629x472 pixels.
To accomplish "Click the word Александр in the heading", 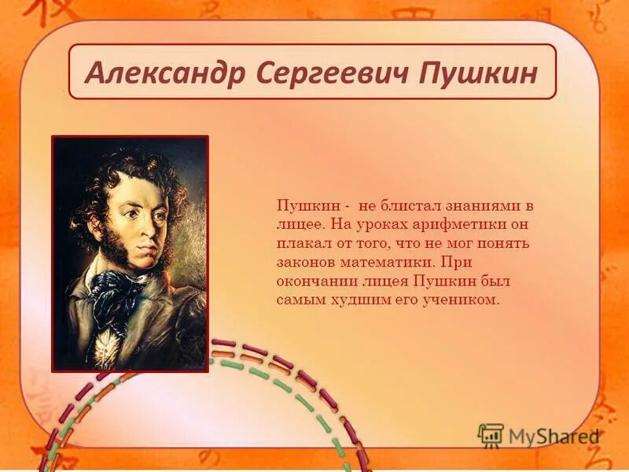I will click(163, 72).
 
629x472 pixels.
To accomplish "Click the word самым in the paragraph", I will click(298, 300).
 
